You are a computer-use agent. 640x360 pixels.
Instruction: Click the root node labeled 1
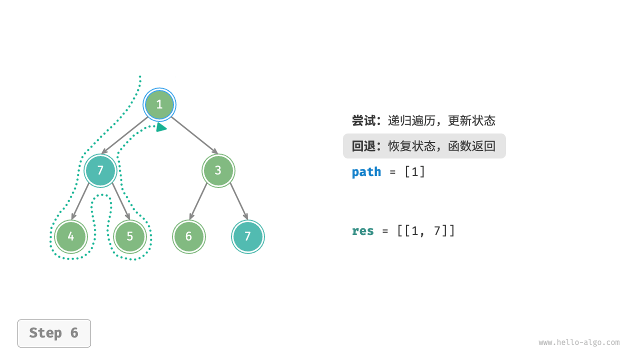tap(159, 104)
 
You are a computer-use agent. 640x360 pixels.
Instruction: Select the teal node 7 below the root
tap(100, 170)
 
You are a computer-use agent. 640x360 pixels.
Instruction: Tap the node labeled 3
tap(218, 170)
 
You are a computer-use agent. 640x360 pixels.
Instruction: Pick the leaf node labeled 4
tap(71, 236)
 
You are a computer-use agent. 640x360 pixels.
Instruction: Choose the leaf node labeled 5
tap(130, 236)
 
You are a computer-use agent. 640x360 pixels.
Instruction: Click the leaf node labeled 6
tap(188, 236)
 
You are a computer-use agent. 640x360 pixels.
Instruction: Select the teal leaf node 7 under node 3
tap(247, 236)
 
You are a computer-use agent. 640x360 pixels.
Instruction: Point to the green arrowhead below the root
tap(161, 127)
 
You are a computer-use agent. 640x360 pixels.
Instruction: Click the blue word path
tap(366, 172)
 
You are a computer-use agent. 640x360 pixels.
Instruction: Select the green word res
tap(363, 231)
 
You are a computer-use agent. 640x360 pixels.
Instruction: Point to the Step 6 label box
tap(54, 333)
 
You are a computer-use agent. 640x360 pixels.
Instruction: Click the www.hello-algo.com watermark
tap(579, 343)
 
